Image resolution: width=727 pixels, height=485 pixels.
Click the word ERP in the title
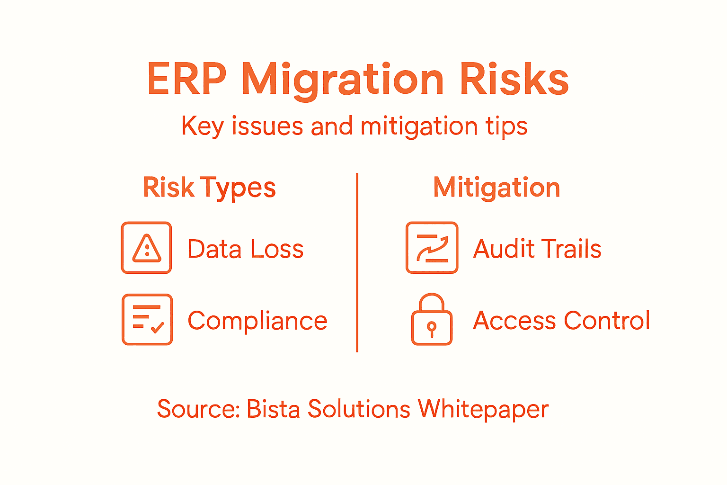[186, 79]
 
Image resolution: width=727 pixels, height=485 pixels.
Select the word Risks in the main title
[514, 79]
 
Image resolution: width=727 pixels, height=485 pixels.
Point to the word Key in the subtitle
[202, 126]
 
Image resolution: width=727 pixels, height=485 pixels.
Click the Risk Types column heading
[209, 188]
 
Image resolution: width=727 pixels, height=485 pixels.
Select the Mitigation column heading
[496, 188]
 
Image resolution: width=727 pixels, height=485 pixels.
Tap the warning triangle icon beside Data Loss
[147, 248]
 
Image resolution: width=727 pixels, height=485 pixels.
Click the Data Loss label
[245, 249]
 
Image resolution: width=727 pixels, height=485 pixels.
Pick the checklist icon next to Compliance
[147, 319]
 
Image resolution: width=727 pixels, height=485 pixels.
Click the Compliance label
[257, 321]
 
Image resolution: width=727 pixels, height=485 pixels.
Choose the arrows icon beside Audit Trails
[432, 248]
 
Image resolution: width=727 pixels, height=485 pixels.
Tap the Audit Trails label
[537, 249]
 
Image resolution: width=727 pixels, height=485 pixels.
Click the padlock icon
[432, 320]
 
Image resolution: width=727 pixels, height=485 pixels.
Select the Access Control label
[561, 321]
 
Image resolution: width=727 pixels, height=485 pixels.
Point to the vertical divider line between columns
[357, 263]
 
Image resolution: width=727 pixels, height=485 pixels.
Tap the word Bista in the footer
[273, 409]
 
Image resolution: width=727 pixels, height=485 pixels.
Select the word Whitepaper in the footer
[483, 410]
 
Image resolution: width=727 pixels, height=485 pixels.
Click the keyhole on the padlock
[432, 328]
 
